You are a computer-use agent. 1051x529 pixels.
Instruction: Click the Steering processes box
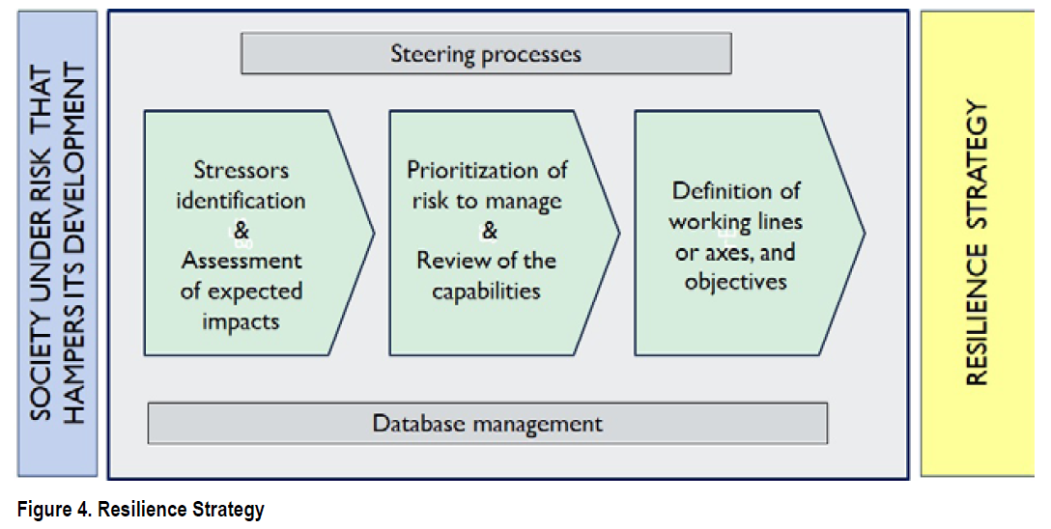tap(486, 53)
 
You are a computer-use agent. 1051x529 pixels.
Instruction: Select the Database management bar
tap(487, 423)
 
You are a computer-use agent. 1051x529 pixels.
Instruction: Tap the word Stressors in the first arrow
tap(241, 170)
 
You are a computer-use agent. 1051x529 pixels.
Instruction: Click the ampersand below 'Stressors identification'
tap(241, 231)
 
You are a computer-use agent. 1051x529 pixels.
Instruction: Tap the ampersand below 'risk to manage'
tap(490, 231)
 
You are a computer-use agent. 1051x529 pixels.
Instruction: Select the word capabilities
tap(486, 292)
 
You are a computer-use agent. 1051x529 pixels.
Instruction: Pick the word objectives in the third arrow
tap(735, 282)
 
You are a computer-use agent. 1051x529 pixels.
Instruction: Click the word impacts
tap(241, 322)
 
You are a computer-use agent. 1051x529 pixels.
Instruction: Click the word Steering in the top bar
tap(433, 53)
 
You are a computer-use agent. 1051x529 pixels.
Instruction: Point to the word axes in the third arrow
tap(728, 253)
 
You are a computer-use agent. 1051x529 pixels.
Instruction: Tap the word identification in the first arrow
tap(241, 200)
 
